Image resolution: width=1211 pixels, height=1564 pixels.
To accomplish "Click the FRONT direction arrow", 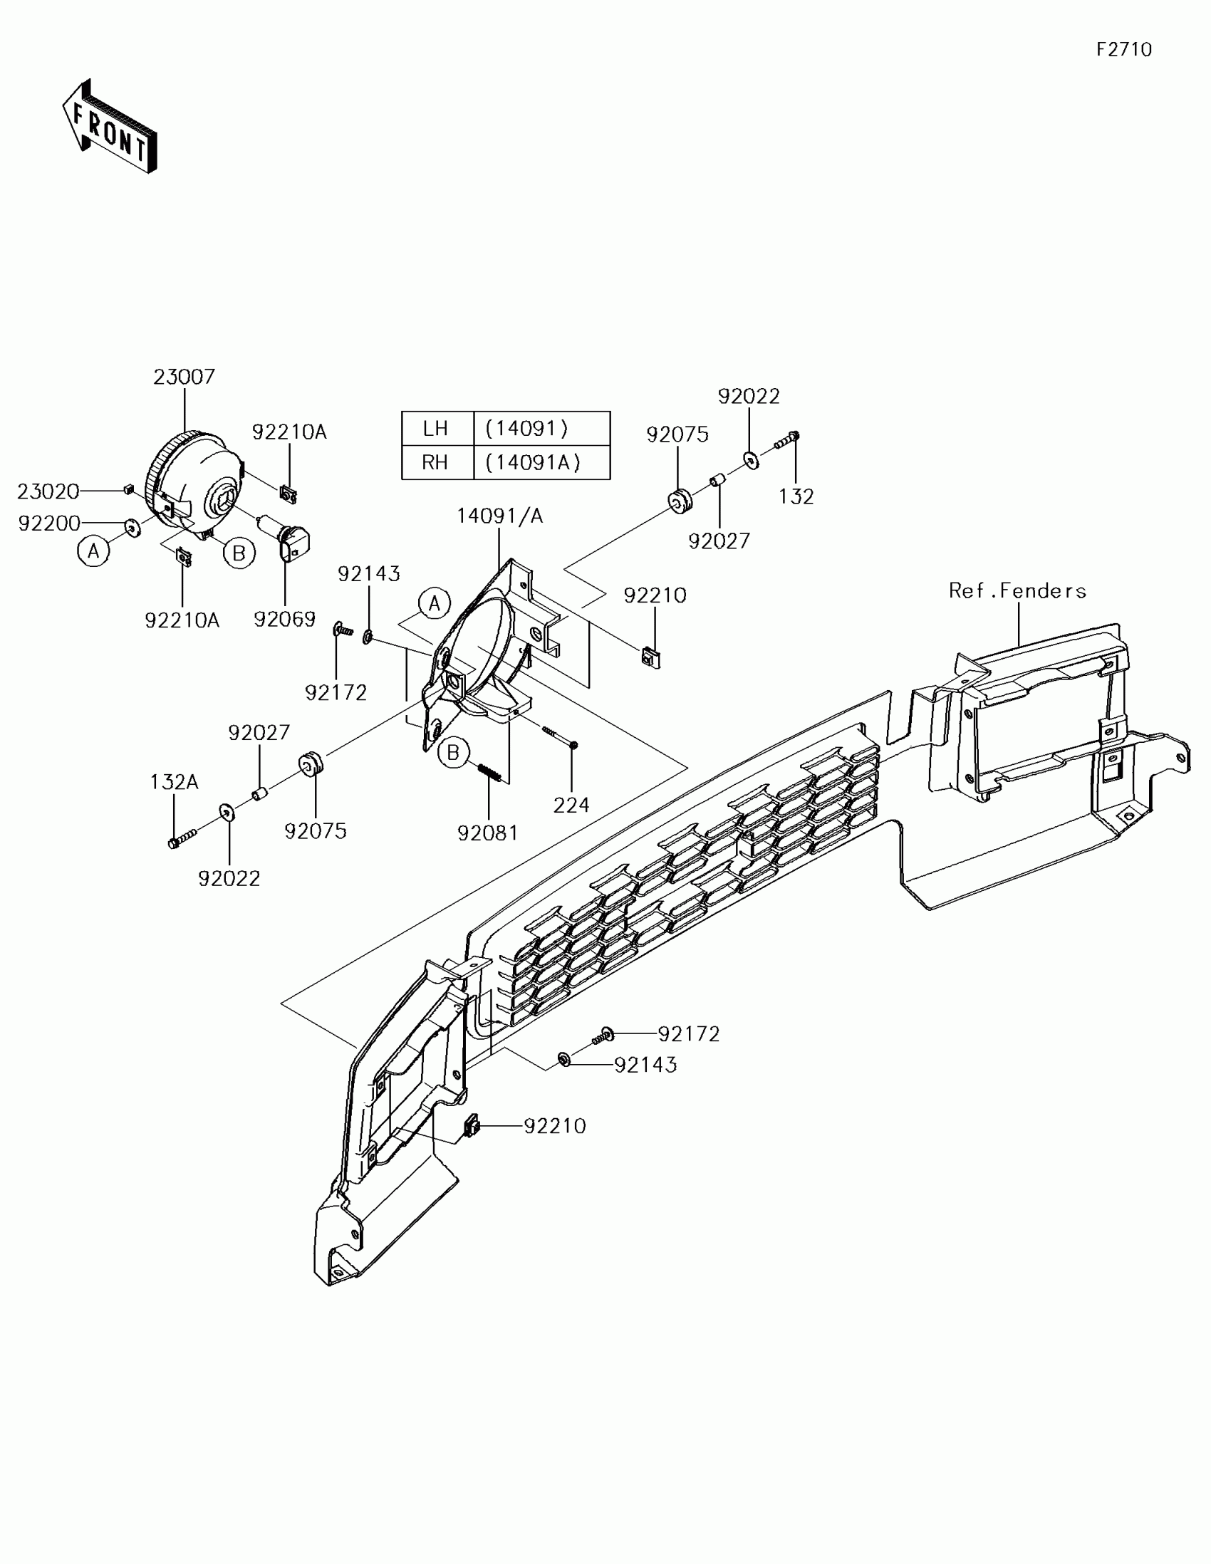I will tap(110, 127).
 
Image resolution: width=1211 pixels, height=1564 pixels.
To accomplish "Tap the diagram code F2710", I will tap(1123, 49).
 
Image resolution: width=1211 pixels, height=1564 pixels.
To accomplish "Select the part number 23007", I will tap(184, 377).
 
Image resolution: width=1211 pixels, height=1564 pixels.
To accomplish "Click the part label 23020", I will tap(48, 491).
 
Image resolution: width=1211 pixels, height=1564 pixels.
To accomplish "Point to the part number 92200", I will tap(48, 523).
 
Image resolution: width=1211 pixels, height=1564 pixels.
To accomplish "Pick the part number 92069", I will tap(284, 620).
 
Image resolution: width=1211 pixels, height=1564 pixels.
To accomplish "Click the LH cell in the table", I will tap(435, 428).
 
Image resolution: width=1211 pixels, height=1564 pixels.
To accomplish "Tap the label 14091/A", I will tap(500, 516).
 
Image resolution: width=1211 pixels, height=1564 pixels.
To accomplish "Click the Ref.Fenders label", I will tap(1017, 591).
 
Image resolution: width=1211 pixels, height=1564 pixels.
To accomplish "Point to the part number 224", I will tap(571, 806).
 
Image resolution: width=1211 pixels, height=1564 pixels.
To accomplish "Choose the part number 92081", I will tap(488, 833).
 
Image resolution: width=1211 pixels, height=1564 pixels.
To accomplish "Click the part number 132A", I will tap(174, 782).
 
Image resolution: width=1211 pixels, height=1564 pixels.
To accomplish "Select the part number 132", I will tap(796, 496).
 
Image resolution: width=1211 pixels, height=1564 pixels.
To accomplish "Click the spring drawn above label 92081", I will tap(489, 773).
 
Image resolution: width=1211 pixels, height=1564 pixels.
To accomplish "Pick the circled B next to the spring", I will tap(453, 753).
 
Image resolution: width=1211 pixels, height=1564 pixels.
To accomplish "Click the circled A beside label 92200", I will tap(93, 551).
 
